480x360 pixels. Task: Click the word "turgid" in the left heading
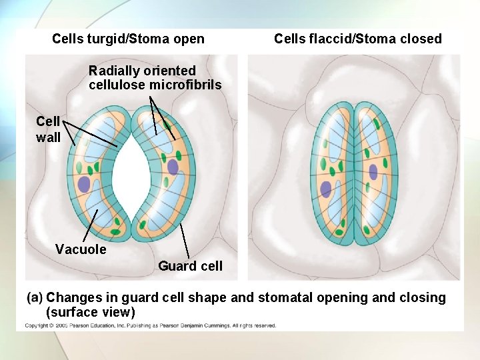(x=107, y=39)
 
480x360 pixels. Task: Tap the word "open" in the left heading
(x=189, y=39)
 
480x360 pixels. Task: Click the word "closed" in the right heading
(x=421, y=39)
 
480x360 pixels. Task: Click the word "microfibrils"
(x=185, y=85)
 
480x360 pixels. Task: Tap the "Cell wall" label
(x=48, y=129)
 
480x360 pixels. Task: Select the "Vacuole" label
(x=81, y=249)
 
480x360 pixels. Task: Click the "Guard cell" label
(x=190, y=266)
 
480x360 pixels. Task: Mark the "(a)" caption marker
(x=35, y=297)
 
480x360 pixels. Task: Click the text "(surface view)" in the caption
(x=91, y=312)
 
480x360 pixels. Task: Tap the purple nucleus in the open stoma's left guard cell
(x=84, y=185)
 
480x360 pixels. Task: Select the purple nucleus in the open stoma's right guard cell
(x=173, y=167)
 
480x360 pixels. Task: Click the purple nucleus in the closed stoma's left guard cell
(x=325, y=189)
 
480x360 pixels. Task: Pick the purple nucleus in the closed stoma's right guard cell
(x=373, y=172)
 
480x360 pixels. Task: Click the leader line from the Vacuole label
(x=91, y=225)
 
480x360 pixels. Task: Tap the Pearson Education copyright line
(x=151, y=325)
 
